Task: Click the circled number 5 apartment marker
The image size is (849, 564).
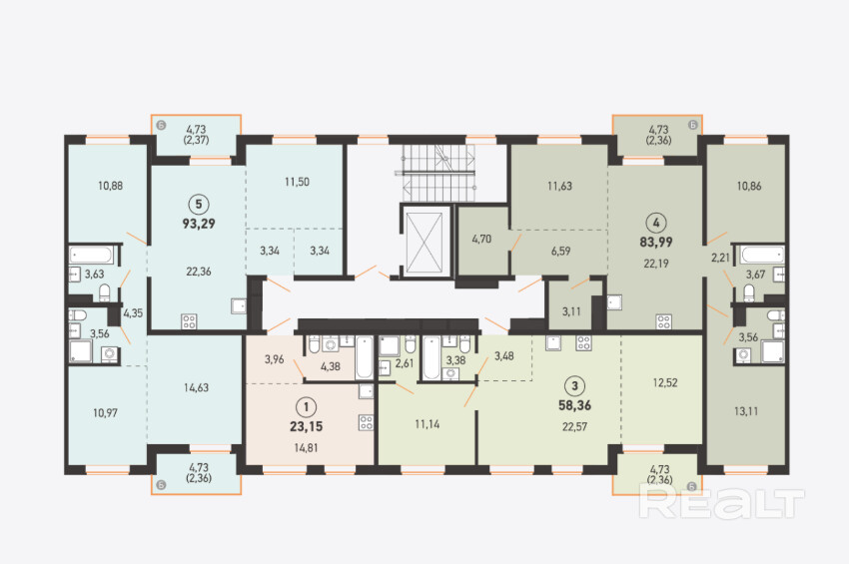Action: pos(199,204)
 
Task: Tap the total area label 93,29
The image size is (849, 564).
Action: pos(199,224)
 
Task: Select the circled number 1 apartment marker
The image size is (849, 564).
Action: pos(307,407)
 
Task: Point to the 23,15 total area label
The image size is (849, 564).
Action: pos(306,426)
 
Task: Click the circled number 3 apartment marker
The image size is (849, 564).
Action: pos(575,386)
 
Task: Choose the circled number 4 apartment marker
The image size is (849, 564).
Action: pos(656,223)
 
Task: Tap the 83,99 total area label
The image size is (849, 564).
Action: pos(655,242)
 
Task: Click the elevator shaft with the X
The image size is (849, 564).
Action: pos(424,242)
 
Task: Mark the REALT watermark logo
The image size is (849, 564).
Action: pos(721,501)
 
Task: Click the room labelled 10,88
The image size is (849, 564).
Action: pos(110,186)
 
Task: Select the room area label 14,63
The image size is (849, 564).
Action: pos(196,387)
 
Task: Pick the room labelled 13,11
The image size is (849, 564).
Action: pos(746,411)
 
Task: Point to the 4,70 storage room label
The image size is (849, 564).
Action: pos(481,239)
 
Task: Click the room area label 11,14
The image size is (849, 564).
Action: pos(427,424)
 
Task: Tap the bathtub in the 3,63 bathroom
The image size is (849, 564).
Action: pos(92,255)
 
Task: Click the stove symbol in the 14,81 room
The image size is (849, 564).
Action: pos(366,422)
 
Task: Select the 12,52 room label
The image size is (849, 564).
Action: pos(665,382)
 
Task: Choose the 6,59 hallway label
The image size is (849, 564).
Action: pos(561,252)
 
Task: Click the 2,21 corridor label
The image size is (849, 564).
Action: pos(720,258)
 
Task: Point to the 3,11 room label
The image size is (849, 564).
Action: pos(571,311)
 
